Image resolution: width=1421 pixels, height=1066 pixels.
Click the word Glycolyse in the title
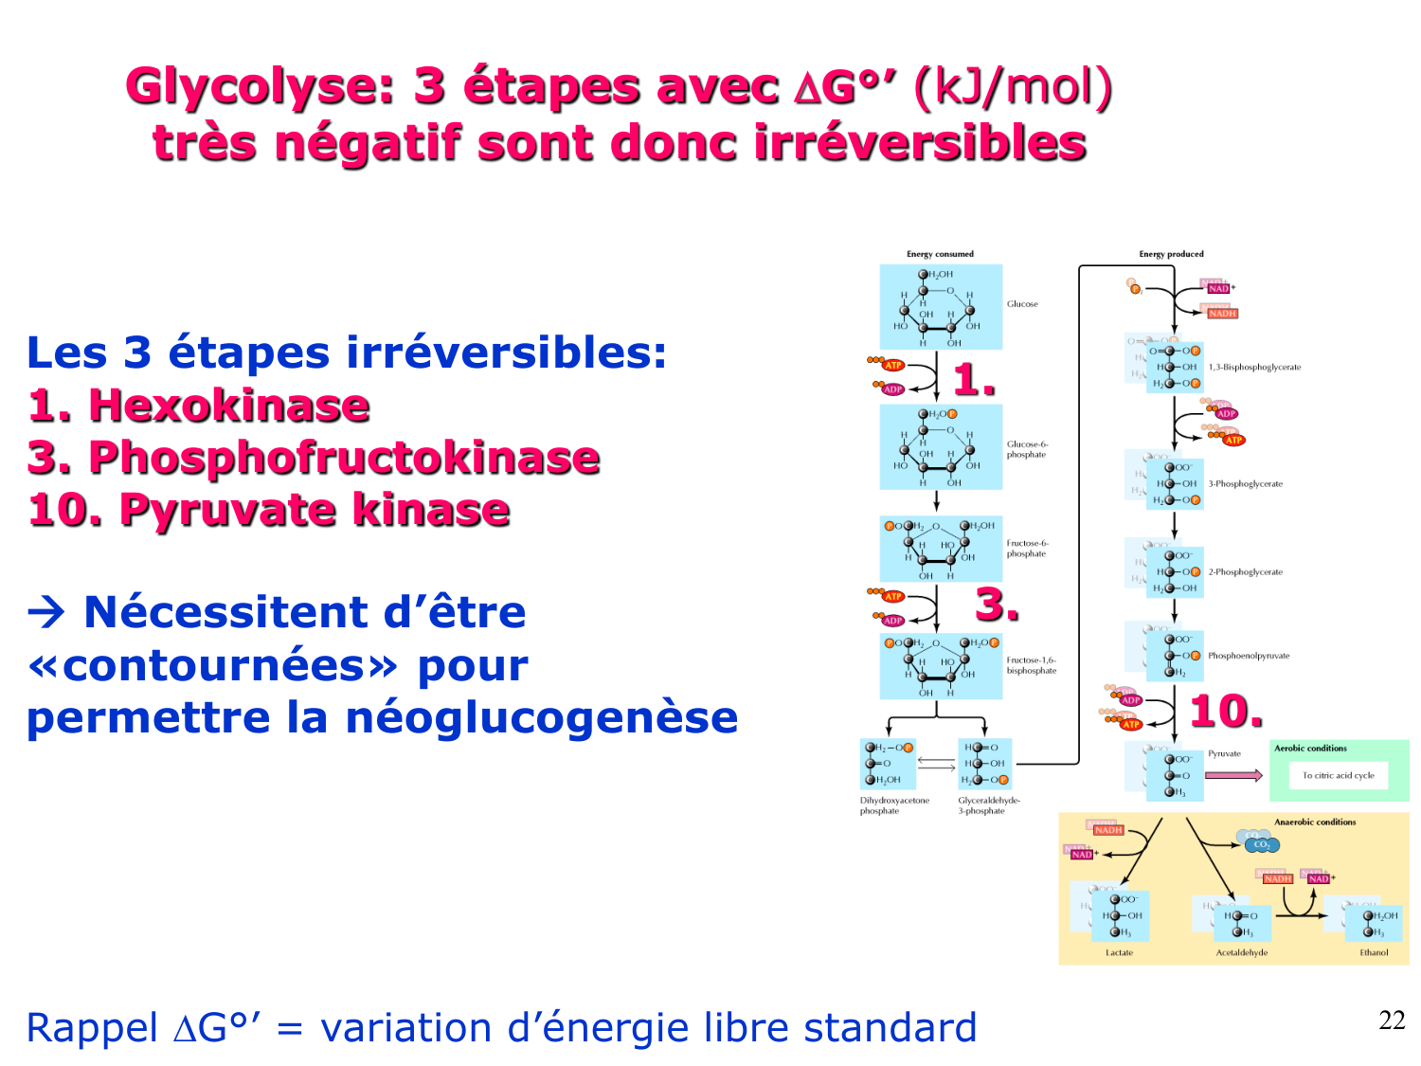pyautogui.click(x=260, y=87)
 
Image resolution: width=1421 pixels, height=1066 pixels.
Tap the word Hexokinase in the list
pyautogui.click(x=228, y=406)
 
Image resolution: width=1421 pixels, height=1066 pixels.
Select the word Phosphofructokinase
pyautogui.click(x=344, y=458)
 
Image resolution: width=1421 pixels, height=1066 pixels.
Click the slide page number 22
pyautogui.click(x=1392, y=1021)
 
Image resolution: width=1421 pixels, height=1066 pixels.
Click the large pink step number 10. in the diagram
pyautogui.click(x=1226, y=711)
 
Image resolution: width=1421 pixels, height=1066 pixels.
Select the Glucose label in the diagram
pyautogui.click(x=1022, y=304)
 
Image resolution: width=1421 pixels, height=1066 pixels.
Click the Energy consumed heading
pyautogui.click(x=940, y=254)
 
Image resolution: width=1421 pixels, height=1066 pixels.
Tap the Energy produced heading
pyautogui.click(x=1171, y=254)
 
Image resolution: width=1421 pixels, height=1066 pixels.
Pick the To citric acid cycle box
pyautogui.click(x=1338, y=775)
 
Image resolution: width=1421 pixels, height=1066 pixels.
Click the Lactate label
pyautogui.click(x=1119, y=952)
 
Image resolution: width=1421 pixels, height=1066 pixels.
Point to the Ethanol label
pyautogui.click(x=1374, y=952)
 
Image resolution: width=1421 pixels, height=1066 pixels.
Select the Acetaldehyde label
pyautogui.click(x=1241, y=952)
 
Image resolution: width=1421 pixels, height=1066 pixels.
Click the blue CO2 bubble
pyautogui.click(x=1261, y=844)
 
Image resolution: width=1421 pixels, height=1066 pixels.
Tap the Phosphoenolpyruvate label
pyautogui.click(x=1249, y=656)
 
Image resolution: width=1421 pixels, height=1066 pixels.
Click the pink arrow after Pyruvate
pyautogui.click(x=1233, y=775)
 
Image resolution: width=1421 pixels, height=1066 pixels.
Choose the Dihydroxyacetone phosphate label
pyautogui.click(x=894, y=805)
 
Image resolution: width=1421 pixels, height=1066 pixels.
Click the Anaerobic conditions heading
pyautogui.click(x=1315, y=822)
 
